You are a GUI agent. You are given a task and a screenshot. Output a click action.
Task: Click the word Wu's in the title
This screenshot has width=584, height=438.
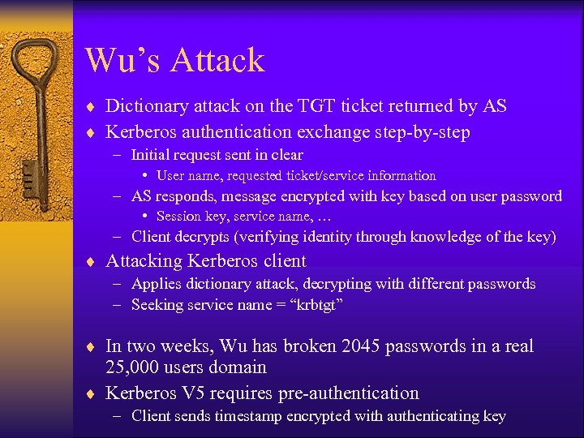click(122, 61)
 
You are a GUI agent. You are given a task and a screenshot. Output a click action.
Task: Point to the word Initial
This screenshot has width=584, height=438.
click(152, 155)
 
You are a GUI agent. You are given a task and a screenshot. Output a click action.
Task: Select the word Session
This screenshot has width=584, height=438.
click(177, 217)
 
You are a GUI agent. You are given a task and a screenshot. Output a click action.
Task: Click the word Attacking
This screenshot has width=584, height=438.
click(144, 261)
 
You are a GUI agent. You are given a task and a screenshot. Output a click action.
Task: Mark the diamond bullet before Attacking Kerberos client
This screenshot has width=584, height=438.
click(94, 262)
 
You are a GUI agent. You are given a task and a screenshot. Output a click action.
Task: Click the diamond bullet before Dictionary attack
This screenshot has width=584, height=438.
click(94, 107)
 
